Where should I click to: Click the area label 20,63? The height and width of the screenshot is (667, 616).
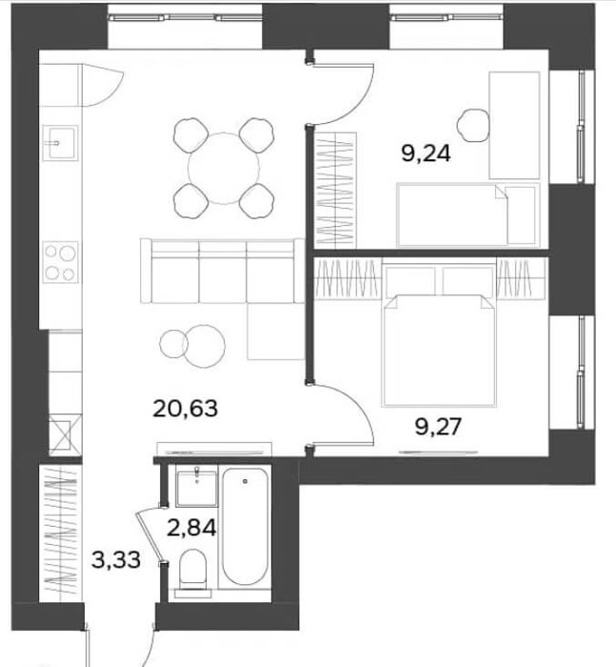click(185, 409)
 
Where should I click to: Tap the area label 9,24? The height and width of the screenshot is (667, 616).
click(426, 153)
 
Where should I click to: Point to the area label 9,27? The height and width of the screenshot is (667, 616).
click(438, 427)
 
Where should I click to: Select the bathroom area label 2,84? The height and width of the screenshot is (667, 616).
click(191, 528)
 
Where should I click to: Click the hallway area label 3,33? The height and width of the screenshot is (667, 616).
click(115, 559)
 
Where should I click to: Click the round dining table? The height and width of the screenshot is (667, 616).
click(224, 169)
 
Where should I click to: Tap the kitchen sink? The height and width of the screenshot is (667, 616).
click(60, 143)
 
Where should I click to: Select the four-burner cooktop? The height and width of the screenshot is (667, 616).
click(60, 262)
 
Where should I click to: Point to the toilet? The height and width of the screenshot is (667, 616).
click(193, 573)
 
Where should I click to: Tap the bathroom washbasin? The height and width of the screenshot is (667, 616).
click(196, 488)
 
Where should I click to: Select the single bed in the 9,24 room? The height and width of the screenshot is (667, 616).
click(468, 214)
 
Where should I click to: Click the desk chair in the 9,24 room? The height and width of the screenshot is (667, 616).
click(473, 126)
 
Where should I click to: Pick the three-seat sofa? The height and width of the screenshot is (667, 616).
click(223, 271)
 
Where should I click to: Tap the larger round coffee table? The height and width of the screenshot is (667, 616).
click(205, 346)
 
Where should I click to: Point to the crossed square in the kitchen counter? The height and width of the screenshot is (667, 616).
click(65, 435)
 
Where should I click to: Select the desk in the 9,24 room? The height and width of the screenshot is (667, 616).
click(514, 125)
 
